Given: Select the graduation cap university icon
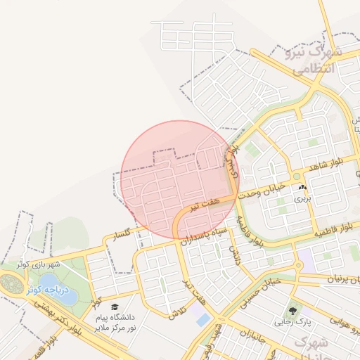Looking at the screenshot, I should (x=115, y=306).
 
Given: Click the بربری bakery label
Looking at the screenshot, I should (x=302, y=199).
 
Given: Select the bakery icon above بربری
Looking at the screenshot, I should (x=302, y=188).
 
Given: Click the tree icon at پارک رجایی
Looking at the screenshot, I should (x=290, y=309).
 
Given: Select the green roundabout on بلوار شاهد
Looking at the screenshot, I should (x=297, y=176).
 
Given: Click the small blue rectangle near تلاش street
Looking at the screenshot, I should (x=203, y=320).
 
